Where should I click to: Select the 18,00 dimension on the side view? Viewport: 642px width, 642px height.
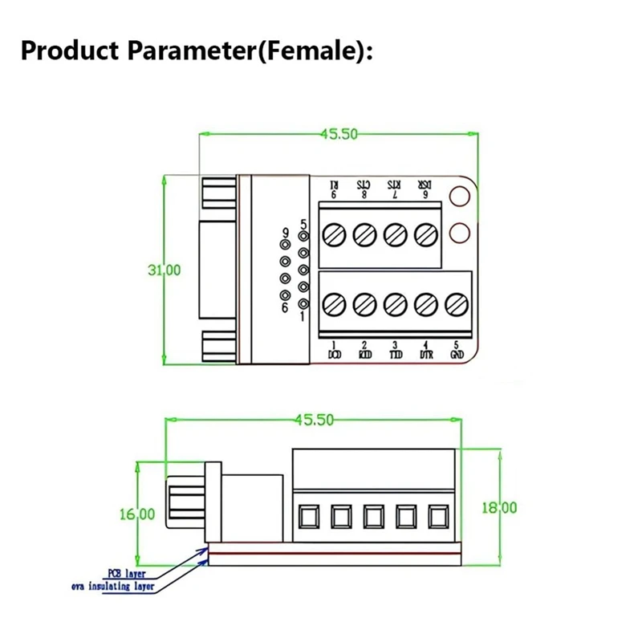click(x=500, y=507)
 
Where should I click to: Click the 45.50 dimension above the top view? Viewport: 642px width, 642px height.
click(x=338, y=134)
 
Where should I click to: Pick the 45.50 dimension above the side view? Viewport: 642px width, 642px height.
click(x=315, y=419)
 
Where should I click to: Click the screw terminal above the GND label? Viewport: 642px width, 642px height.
click(x=457, y=304)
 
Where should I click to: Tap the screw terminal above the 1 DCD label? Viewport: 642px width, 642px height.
click(x=334, y=304)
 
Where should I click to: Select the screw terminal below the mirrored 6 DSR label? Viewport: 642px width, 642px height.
click(x=425, y=234)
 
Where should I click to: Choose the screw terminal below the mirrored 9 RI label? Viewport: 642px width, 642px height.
click(x=334, y=234)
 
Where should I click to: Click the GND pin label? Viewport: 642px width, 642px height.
click(x=457, y=352)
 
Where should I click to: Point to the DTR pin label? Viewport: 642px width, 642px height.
click(x=425, y=352)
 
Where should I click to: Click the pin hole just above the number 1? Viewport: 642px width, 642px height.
click(x=303, y=304)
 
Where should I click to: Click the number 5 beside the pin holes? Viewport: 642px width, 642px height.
click(x=302, y=225)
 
